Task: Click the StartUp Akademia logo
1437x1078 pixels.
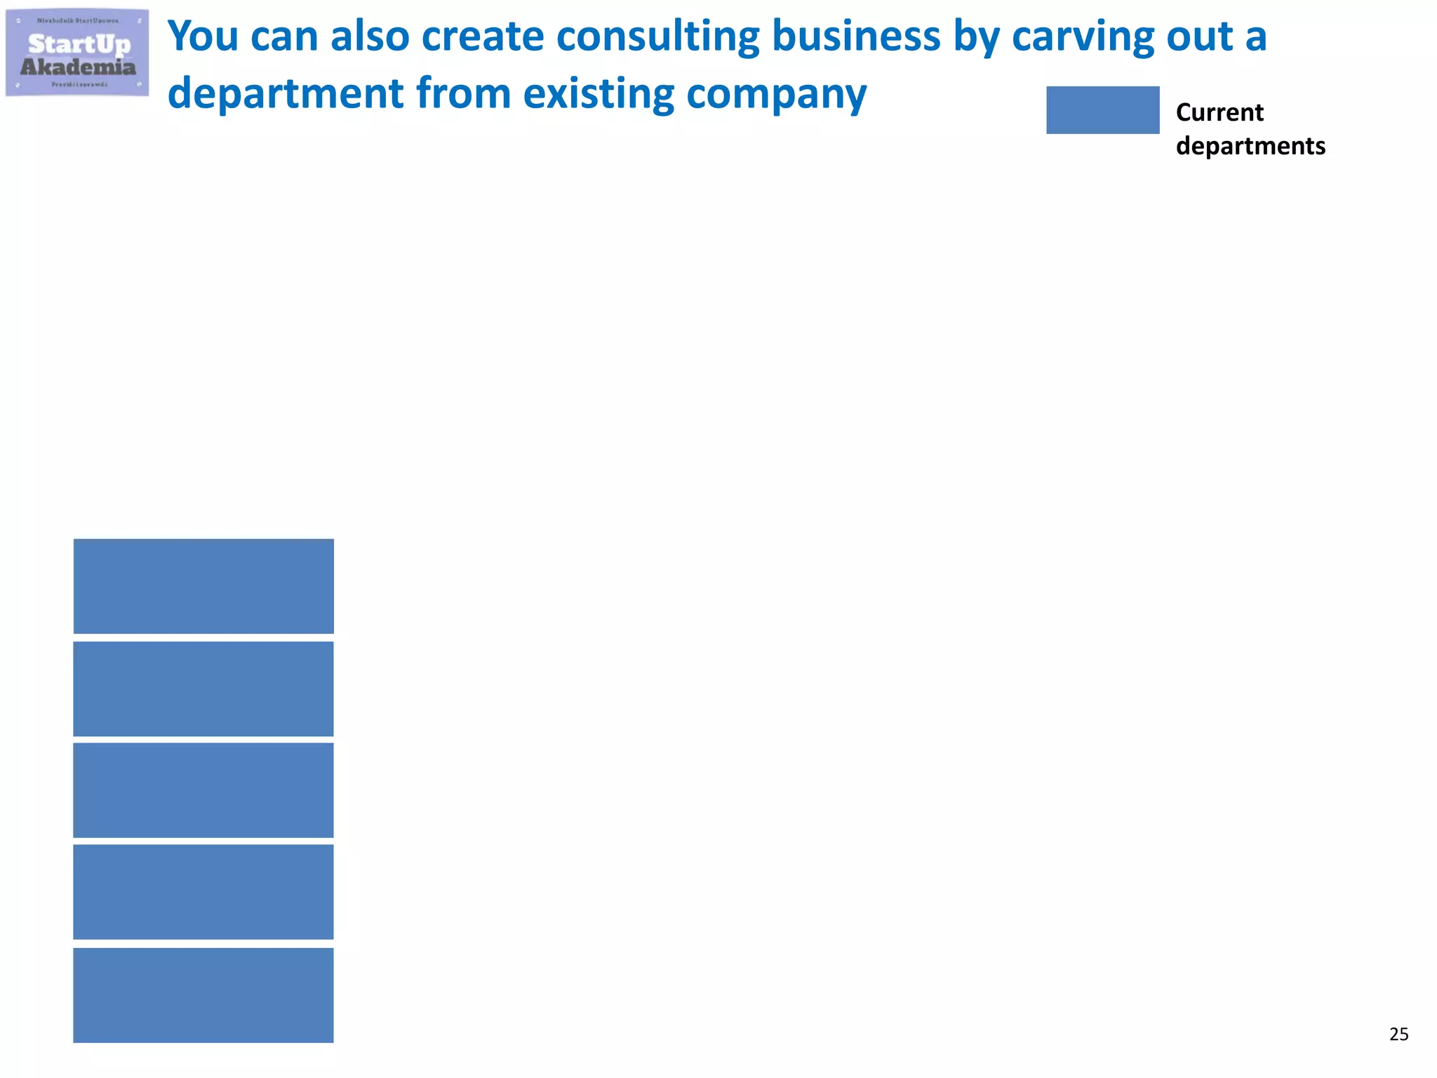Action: click(77, 53)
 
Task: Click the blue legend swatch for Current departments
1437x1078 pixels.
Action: click(1102, 110)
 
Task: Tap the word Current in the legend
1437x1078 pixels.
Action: click(1219, 112)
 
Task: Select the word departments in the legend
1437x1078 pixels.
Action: click(1250, 146)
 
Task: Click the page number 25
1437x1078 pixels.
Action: click(1398, 1034)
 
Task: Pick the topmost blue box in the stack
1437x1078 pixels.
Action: click(203, 586)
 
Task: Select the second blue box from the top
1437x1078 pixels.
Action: click(203, 688)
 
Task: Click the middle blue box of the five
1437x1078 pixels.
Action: click(203, 790)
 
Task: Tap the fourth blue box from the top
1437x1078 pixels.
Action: click(203, 892)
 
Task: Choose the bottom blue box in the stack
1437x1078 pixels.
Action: click(203, 995)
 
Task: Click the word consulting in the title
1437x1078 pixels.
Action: click(658, 36)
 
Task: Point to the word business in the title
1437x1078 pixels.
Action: click(856, 36)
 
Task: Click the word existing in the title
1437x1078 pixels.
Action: click(599, 94)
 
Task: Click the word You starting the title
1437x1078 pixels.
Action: click(203, 36)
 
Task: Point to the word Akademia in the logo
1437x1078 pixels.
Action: click(78, 67)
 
